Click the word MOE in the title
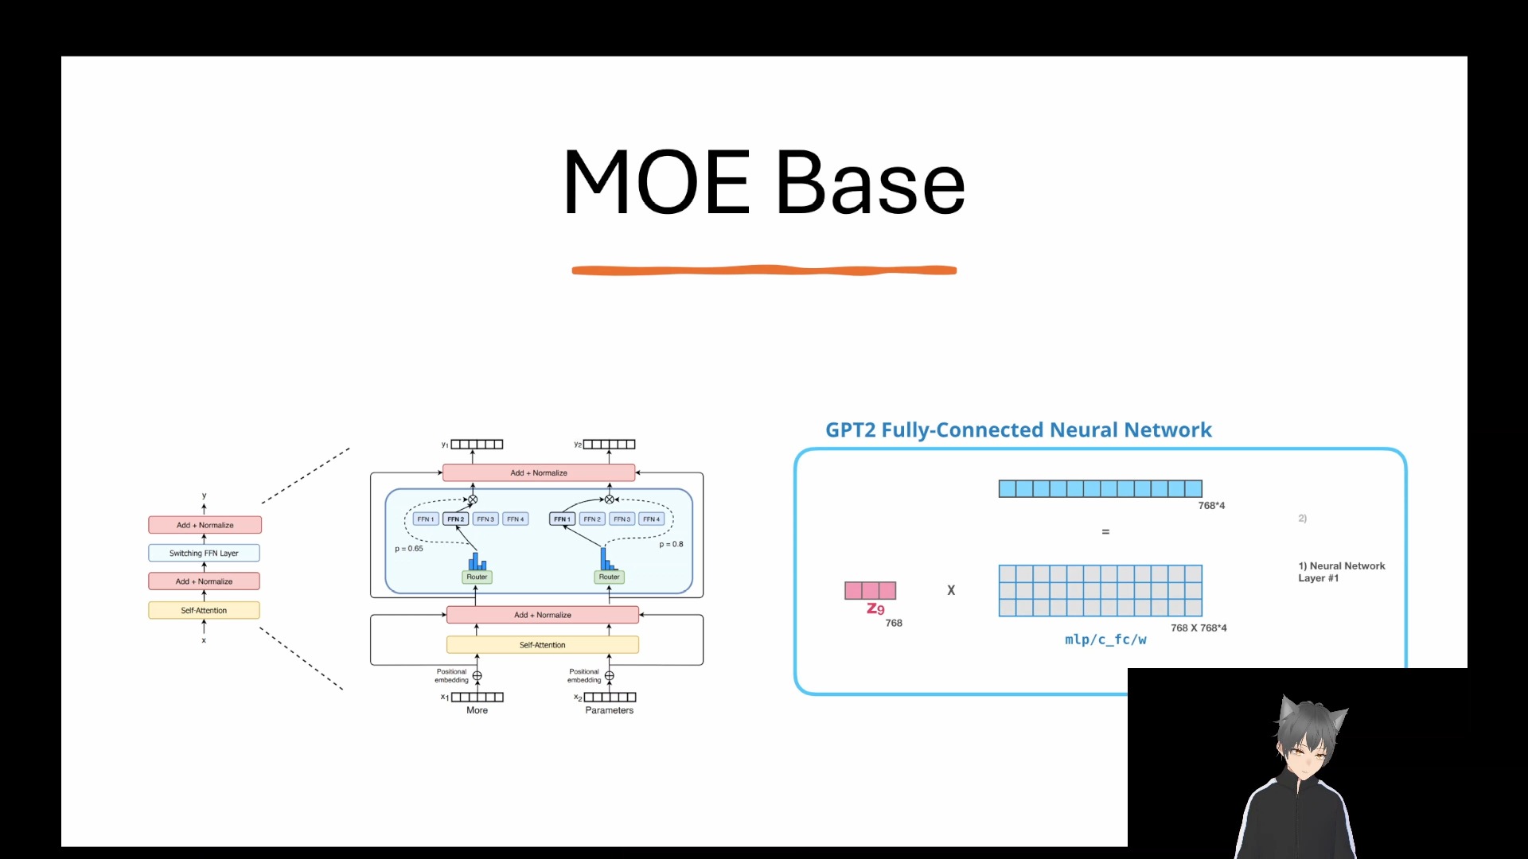pyautogui.click(x=657, y=183)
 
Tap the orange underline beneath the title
pyautogui.click(x=764, y=270)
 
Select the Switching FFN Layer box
pyautogui.click(x=204, y=553)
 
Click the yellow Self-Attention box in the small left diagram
pyautogui.click(x=204, y=610)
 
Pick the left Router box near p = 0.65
pyautogui.click(x=477, y=577)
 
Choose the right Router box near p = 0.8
pyautogui.click(x=609, y=577)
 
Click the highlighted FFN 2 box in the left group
pyautogui.click(x=455, y=519)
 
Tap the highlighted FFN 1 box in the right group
pyautogui.click(x=562, y=519)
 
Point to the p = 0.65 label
pyautogui.click(x=409, y=548)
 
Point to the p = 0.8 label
pyautogui.click(x=671, y=544)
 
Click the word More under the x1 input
pyautogui.click(x=477, y=710)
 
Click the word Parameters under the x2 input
pyautogui.click(x=609, y=710)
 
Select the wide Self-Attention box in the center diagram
pyautogui.click(x=542, y=645)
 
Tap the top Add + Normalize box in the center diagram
pyautogui.click(x=539, y=472)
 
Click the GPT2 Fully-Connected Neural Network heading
pyautogui.click(x=1018, y=430)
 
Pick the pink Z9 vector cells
pyautogui.click(x=870, y=590)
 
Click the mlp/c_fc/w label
pyautogui.click(x=1105, y=639)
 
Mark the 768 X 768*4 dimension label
pyautogui.click(x=1199, y=628)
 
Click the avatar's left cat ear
pyautogui.click(x=1288, y=708)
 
